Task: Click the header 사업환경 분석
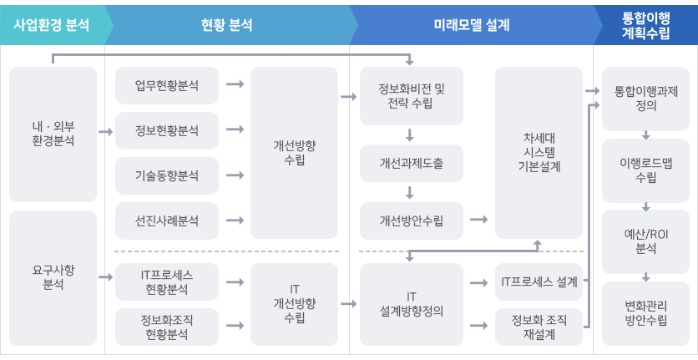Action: coord(52,25)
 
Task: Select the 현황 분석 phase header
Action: coord(227,25)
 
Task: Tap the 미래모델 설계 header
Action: coord(472,25)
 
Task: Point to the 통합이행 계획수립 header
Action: coord(646,25)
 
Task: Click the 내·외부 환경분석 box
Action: coord(53,134)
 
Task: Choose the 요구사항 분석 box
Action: coord(53,277)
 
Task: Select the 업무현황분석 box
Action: coord(167,85)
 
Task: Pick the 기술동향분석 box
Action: coord(167,175)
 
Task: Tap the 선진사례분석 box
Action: coord(167,221)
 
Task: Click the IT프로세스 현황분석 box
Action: coord(167,282)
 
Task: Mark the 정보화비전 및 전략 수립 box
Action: coord(412,96)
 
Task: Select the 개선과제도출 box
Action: coord(412,163)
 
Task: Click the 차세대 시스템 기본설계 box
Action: coord(539,153)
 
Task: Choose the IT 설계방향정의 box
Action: coord(412,304)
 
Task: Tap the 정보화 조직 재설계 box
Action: coord(539,327)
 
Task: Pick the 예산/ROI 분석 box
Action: coord(646,241)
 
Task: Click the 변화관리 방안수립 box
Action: coord(646,313)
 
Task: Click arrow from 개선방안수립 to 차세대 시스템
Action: coord(478,219)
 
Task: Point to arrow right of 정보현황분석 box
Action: coord(235,129)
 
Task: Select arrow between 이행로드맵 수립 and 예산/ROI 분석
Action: coord(646,206)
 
